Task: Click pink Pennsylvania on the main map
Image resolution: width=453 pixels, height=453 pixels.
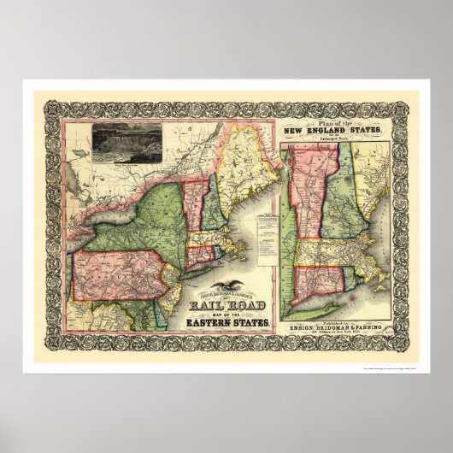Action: pyautogui.click(x=111, y=274)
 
